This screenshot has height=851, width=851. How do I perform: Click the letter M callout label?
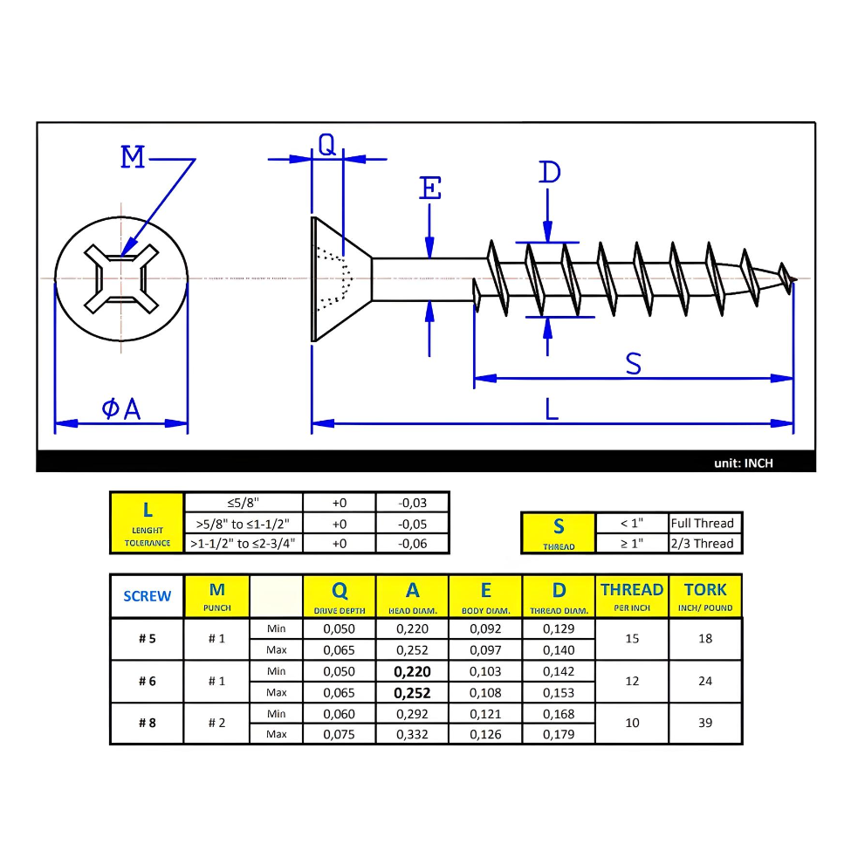pos(133,158)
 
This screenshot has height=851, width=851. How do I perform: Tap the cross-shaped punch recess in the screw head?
pos(121,278)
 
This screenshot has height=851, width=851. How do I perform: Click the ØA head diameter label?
pos(121,408)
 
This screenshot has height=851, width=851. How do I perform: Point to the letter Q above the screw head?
pos(326,145)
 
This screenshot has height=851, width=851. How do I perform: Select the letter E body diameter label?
pos(430,189)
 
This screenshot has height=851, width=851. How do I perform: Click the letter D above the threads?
pos(549,173)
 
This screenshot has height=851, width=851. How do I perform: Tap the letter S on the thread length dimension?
pos(634,364)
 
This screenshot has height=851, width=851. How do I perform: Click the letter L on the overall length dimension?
pos(552,409)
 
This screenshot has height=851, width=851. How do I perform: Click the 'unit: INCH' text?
pos(743,463)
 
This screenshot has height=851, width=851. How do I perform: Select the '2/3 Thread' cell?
pos(703,543)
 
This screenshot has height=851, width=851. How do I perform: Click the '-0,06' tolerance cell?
pos(412,543)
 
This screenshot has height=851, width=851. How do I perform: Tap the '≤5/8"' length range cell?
pos(243,503)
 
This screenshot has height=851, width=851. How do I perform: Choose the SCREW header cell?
pos(147,596)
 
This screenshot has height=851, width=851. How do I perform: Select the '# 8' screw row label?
pos(147,723)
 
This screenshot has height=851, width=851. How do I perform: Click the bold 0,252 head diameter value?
pos(412,692)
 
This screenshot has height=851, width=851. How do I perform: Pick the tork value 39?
pos(705,723)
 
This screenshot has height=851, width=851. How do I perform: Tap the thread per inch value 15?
pos(632,639)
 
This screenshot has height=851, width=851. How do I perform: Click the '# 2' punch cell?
pos(216,723)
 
